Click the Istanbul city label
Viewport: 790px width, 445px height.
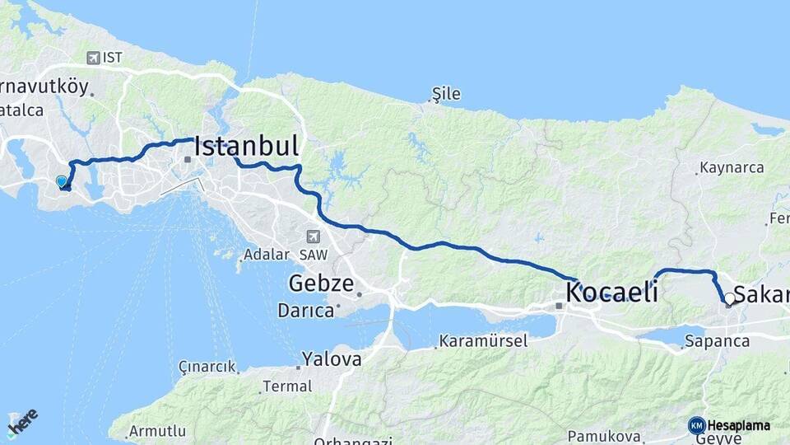pos(246,147)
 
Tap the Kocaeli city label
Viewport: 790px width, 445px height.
pos(611,292)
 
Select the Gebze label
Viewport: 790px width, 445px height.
pos(321,285)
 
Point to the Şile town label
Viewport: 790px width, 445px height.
pos(446,95)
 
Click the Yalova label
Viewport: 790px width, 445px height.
pos(332,359)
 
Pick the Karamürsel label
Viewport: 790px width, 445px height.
pos(483,340)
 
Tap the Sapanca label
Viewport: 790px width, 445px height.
pos(717,340)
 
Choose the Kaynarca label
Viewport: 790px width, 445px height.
pos(732,168)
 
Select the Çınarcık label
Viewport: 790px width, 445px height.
pos(207,367)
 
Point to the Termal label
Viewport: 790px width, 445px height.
pos(287,386)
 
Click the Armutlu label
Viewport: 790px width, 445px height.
pos(157,431)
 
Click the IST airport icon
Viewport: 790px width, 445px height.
pos(93,58)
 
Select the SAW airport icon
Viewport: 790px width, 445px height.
pos(313,236)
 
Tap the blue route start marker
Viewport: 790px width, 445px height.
pos(61,181)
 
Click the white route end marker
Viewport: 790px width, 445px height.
pos(729,298)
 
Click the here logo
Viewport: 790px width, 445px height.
pos(22,422)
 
